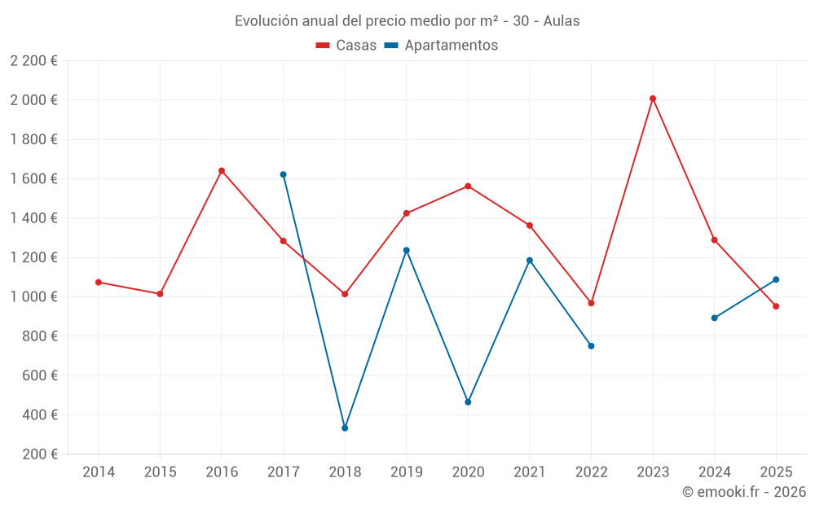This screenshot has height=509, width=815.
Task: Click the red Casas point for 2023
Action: (x=653, y=99)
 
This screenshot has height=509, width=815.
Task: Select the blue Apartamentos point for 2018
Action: (x=345, y=428)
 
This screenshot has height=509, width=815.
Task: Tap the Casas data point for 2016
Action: (x=222, y=171)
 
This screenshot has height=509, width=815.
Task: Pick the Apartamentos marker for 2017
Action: (x=283, y=174)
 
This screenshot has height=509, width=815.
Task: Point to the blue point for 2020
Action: (x=468, y=402)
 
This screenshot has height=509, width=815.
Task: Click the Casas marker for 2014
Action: (x=99, y=282)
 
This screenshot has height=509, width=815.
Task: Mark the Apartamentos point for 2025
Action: (x=776, y=279)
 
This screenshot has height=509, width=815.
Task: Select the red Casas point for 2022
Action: (x=591, y=303)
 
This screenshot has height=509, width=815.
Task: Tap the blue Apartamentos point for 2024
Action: (x=714, y=318)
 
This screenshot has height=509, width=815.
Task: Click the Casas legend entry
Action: (x=346, y=46)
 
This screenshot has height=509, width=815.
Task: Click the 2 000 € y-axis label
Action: (x=34, y=100)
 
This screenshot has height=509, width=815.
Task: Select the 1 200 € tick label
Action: (x=34, y=257)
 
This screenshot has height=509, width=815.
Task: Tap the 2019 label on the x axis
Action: (x=406, y=472)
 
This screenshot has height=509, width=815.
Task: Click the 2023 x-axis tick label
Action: (x=653, y=472)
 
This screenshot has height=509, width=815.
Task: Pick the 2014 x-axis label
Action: (x=99, y=472)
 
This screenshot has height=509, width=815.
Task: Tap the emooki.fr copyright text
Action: (x=743, y=492)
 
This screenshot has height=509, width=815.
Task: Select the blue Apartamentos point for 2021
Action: (x=530, y=261)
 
